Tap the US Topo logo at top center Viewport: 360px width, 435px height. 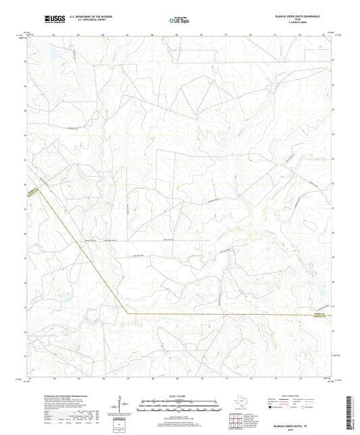179,20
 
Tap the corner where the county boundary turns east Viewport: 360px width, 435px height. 128,313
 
